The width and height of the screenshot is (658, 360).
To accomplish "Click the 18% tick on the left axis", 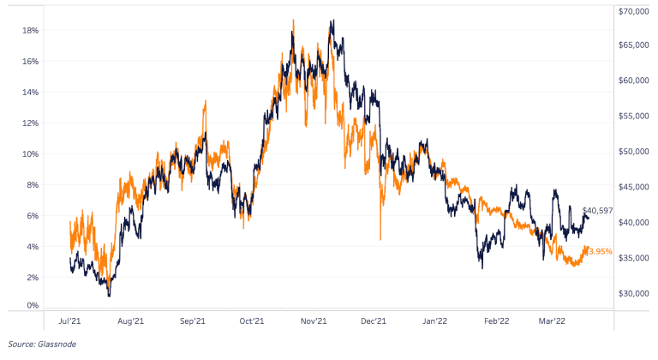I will [x=28, y=30].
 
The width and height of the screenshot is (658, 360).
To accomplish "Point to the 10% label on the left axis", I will [x=28, y=153].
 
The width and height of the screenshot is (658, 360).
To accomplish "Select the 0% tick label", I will [x=31, y=305].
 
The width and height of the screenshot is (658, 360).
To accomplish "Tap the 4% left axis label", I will [x=31, y=246].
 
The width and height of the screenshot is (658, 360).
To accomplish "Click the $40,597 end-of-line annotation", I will [x=597, y=211].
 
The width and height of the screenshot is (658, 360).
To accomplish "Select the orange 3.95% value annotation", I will [x=601, y=251].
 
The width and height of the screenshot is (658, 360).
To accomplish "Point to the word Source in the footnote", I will [x=18, y=344].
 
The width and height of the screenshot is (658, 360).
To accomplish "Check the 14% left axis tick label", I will [x=28, y=92].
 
